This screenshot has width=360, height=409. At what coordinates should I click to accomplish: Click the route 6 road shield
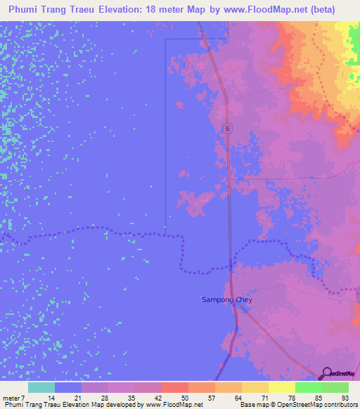[x=227, y=128]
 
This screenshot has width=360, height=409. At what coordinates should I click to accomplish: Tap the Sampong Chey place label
[x=228, y=300]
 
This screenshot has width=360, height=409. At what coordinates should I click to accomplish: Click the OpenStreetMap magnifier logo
[x=327, y=373]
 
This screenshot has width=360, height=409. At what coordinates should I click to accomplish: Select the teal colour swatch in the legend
[x=41, y=387]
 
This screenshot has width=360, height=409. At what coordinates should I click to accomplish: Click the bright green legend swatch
[x=309, y=387]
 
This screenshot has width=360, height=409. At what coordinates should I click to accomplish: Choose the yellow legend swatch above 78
[x=282, y=387]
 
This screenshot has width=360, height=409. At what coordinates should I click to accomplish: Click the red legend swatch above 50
[x=175, y=387]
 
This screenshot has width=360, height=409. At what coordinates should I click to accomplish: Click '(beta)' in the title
[x=319, y=9]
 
